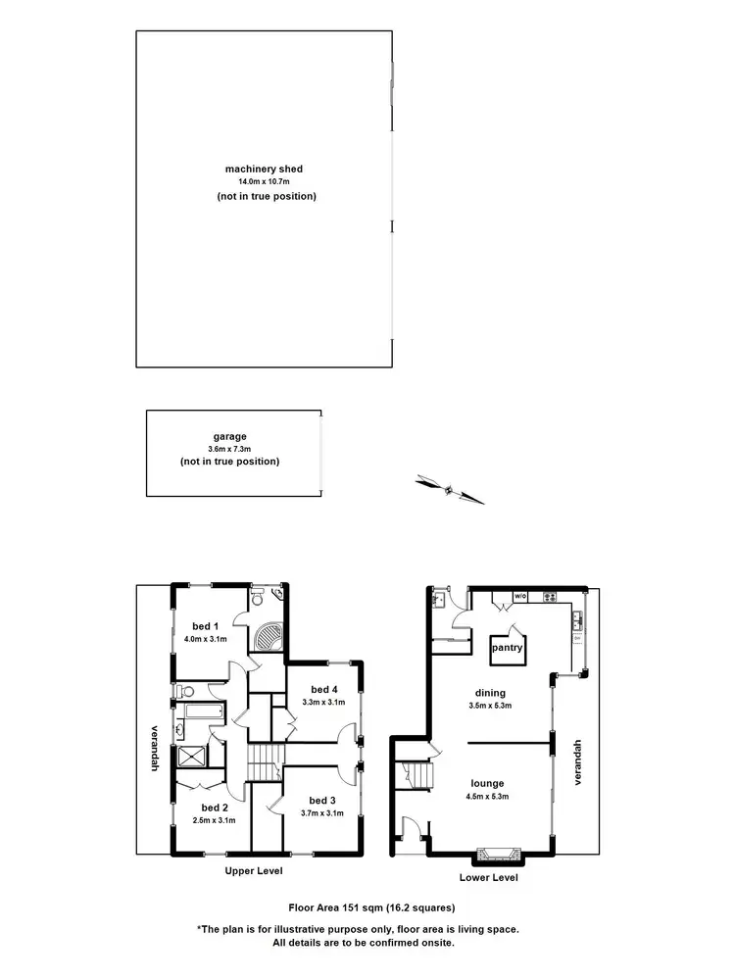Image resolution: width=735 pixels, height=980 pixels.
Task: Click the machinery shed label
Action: [x=266, y=169]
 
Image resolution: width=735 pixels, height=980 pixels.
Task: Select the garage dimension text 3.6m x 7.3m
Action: [x=229, y=449]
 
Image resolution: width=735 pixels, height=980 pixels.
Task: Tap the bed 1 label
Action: [x=205, y=626]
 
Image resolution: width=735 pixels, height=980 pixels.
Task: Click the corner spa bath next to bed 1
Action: [x=268, y=638]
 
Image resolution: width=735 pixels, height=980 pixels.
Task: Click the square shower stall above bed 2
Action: [x=191, y=758]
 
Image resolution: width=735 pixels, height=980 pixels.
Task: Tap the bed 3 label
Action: [x=321, y=800]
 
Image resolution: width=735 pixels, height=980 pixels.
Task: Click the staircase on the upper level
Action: [x=264, y=761]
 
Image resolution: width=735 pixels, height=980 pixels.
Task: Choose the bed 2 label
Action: [x=205, y=808]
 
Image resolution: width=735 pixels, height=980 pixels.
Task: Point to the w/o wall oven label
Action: [x=519, y=596]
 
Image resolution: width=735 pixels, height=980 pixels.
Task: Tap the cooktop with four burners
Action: [x=550, y=596]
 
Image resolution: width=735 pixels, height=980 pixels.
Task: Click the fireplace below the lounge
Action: [x=488, y=854]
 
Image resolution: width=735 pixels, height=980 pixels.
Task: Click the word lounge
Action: [x=486, y=783]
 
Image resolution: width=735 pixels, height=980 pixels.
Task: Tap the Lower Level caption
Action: [x=488, y=878]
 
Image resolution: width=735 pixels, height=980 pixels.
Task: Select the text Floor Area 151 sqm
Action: [x=329, y=908]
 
